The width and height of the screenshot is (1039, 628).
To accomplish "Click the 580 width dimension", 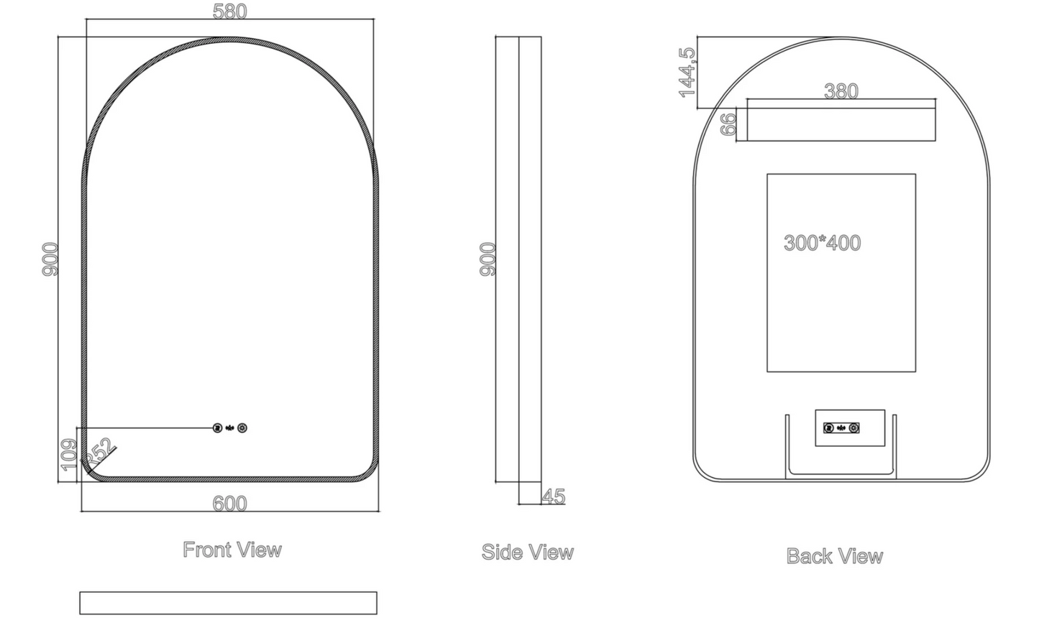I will tap(230, 11).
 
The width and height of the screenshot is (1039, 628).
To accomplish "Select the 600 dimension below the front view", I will tap(230, 504).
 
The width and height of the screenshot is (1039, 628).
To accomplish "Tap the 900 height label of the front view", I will tap(50, 259).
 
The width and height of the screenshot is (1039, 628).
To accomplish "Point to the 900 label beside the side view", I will tap(488, 259).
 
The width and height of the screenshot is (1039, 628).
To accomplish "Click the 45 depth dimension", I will tap(554, 497).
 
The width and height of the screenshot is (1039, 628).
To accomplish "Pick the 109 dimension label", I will tap(69, 454).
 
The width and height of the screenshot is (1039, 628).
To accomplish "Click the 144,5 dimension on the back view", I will tap(687, 72).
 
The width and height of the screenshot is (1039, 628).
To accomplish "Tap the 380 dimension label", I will tap(841, 91).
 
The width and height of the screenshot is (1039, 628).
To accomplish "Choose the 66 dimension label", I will tap(728, 124).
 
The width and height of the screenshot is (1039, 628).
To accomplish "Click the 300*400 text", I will tap(822, 243).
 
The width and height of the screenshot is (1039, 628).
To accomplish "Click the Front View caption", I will tap(232, 550).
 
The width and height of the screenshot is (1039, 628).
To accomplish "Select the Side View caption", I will tap(528, 553).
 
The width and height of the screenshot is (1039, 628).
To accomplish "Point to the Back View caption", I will tap(835, 556).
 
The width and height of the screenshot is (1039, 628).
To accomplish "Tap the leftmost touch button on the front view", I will tap(218, 428).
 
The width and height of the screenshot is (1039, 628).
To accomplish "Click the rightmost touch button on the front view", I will tap(242, 428).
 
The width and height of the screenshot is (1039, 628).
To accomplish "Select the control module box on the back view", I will tap(849, 428).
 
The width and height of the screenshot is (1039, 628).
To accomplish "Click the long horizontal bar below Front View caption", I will tap(228, 603).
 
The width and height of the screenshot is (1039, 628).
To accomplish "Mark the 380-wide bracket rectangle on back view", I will tap(841, 120).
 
